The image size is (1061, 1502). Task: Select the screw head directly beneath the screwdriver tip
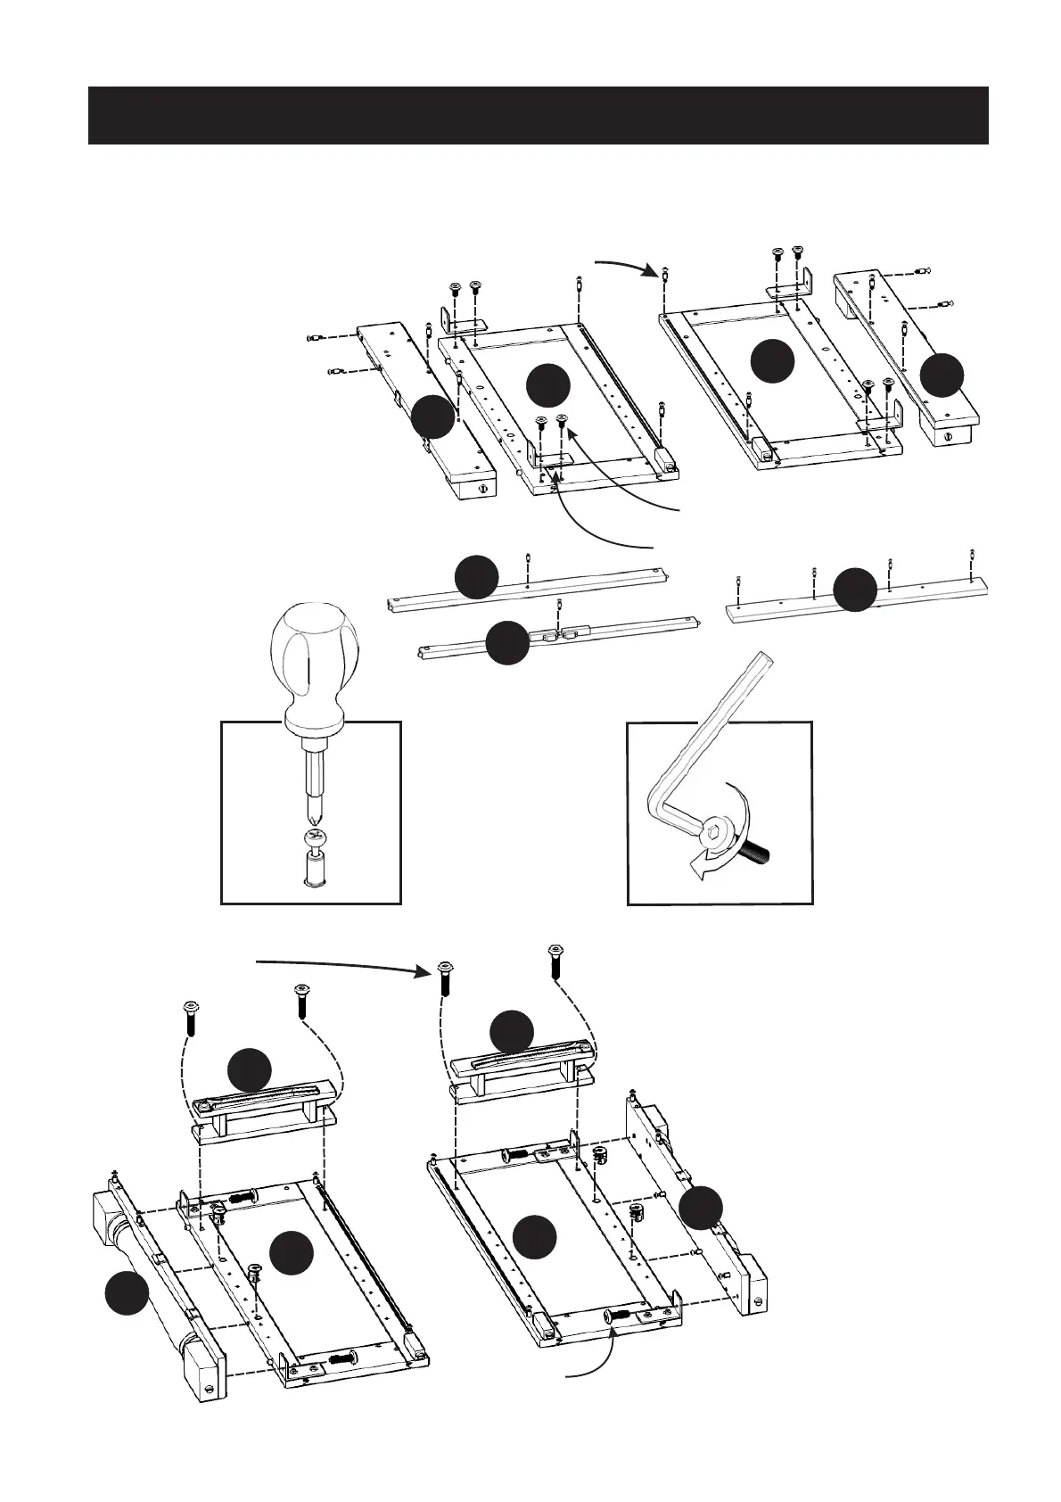313,838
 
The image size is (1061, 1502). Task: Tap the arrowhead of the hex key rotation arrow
700,870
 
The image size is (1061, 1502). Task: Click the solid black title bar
538,115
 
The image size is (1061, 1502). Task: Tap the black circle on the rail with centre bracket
507,643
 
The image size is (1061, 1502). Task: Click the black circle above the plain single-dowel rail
476,577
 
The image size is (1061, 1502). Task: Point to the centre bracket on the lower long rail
555,635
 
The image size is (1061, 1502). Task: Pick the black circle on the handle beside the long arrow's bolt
512,1032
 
